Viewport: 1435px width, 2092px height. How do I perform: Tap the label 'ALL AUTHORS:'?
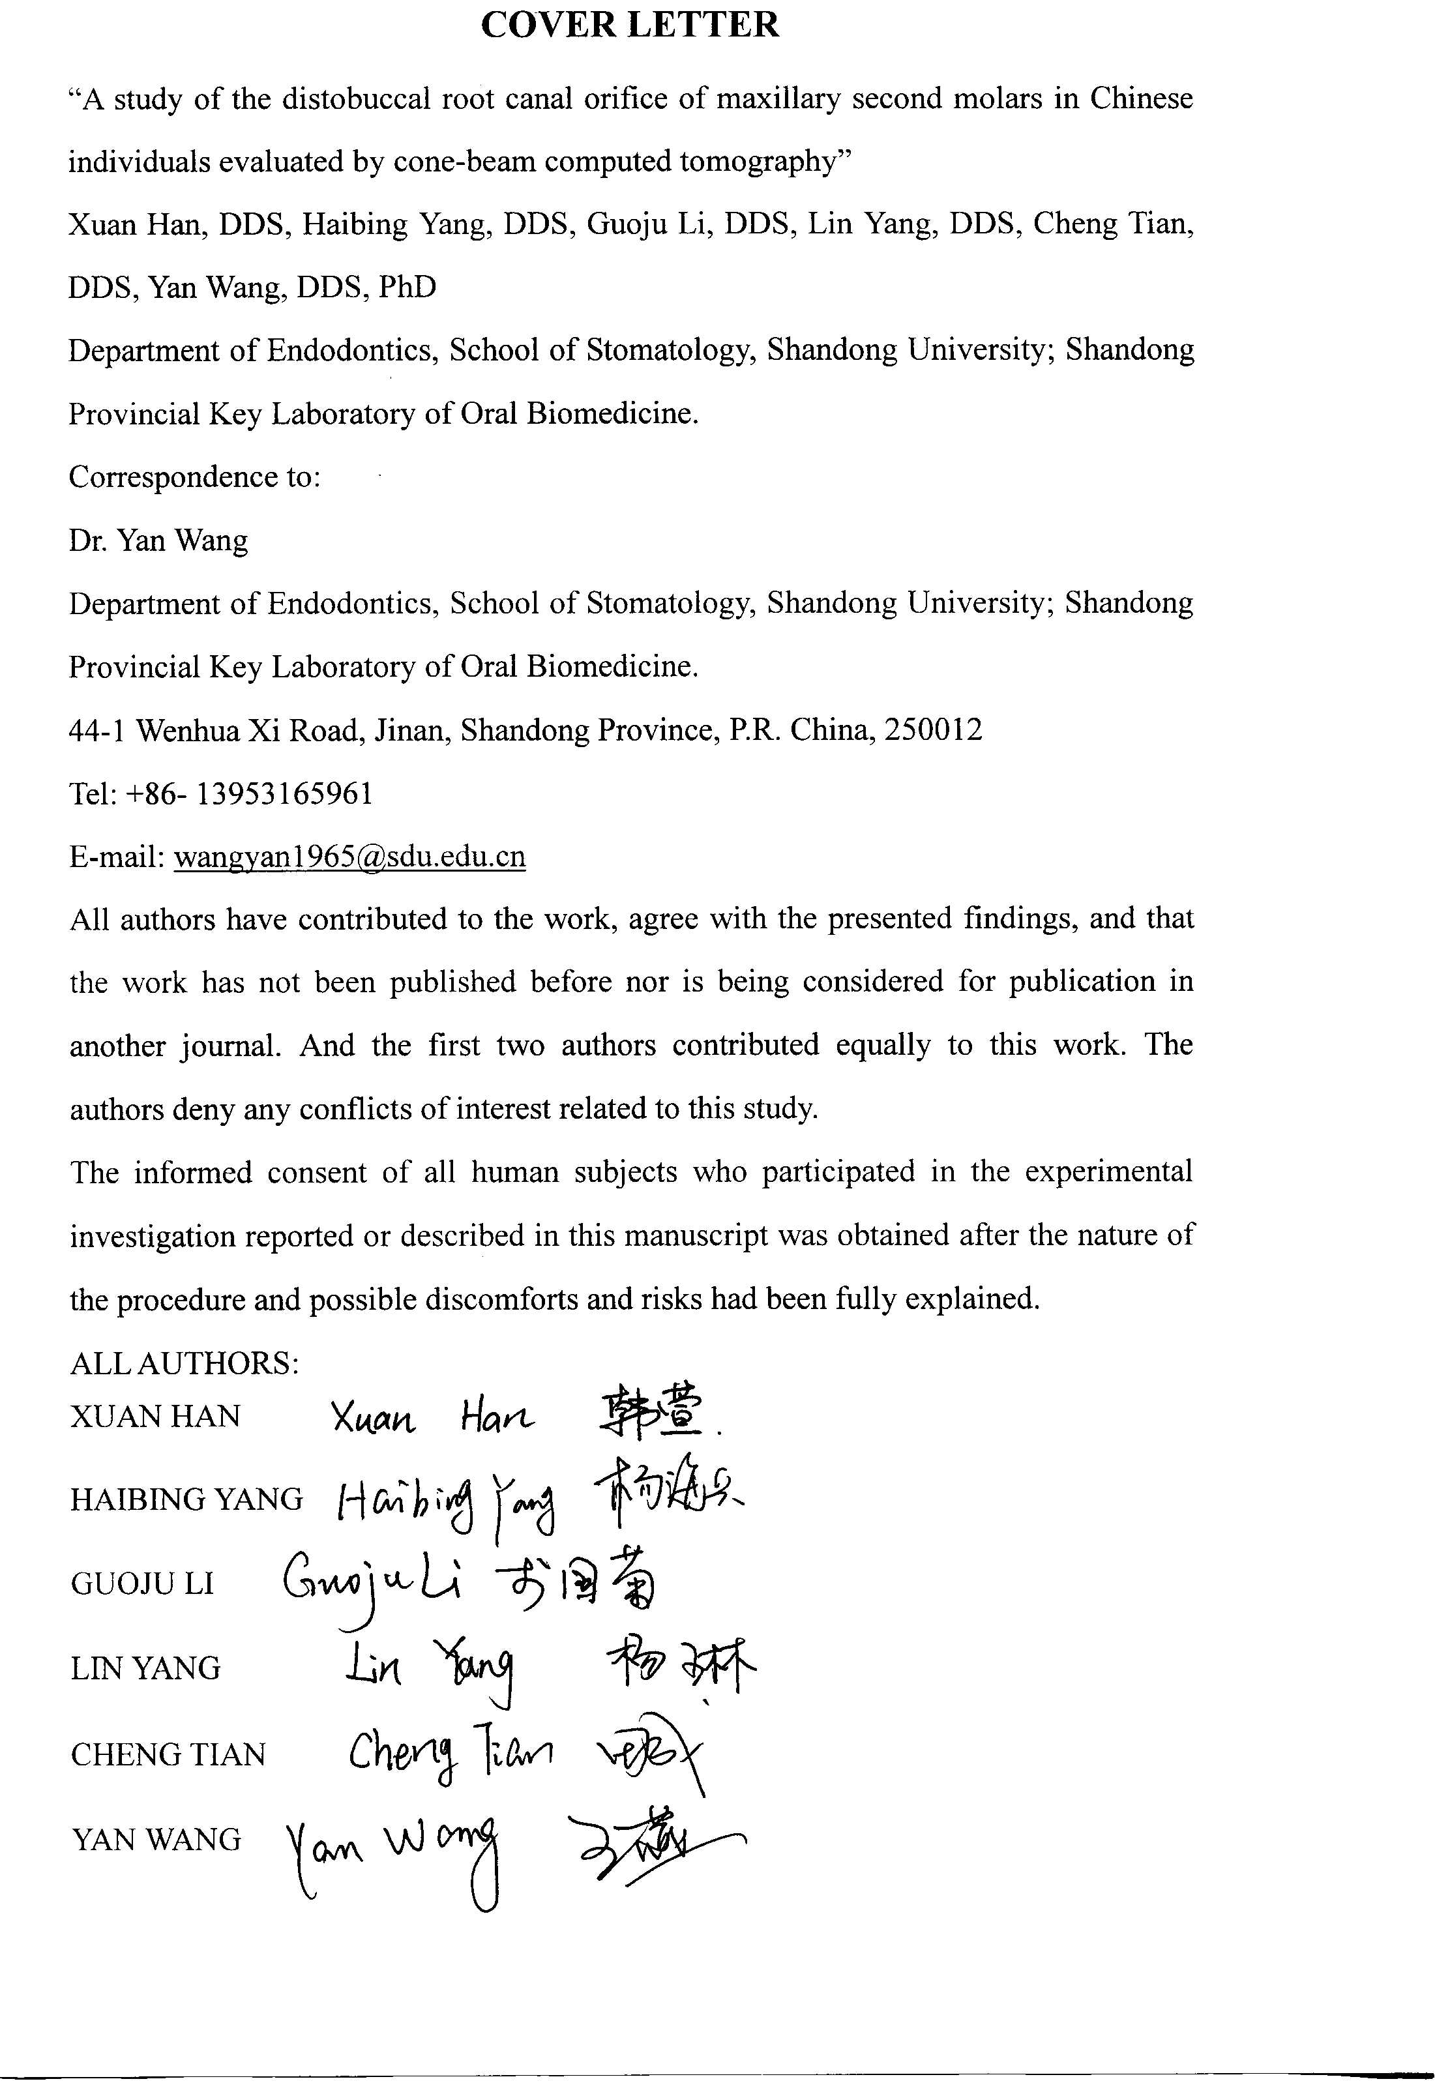coord(185,1363)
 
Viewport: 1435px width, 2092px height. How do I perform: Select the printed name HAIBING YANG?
coord(187,1499)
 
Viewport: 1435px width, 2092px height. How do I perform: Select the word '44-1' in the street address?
coord(96,730)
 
